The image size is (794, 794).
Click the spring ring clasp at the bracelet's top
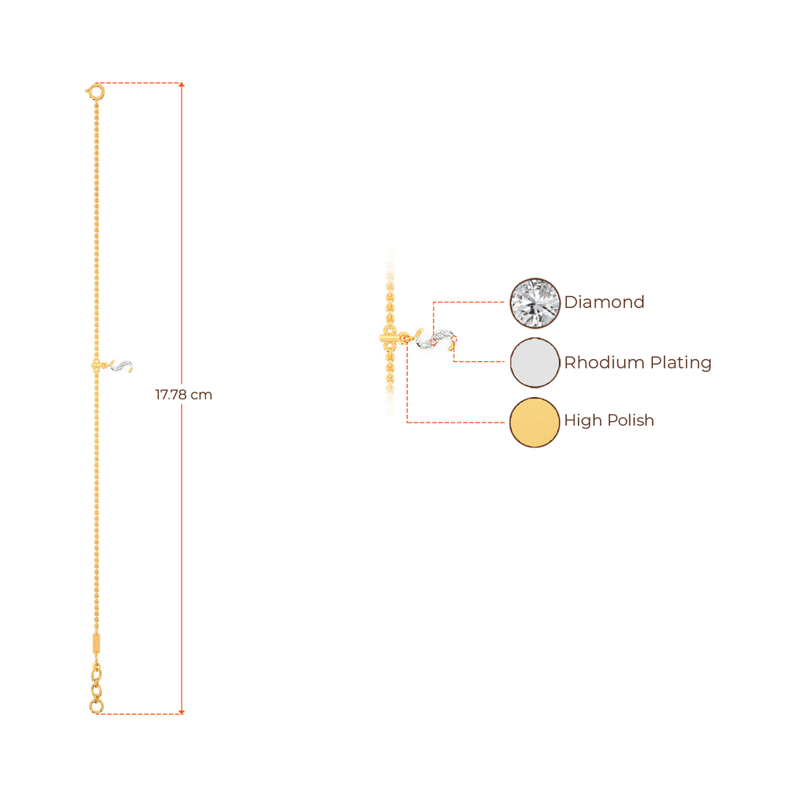pyautogui.click(x=95, y=91)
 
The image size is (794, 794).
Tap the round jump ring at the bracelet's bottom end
pyautogui.click(x=95, y=707)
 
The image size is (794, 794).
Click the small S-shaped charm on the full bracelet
pyautogui.click(x=123, y=364)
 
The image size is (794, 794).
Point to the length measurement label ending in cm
pyautogui.click(x=184, y=395)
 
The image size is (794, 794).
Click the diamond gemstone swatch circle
pyautogui.click(x=534, y=302)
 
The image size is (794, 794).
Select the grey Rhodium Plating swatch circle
pyautogui.click(x=534, y=362)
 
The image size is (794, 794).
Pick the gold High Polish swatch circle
pyautogui.click(x=534, y=422)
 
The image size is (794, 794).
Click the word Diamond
pyautogui.click(x=604, y=302)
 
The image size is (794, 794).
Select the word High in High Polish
pyautogui.click(x=580, y=421)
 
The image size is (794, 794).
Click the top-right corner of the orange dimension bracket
pyautogui.click(x=183, y=83)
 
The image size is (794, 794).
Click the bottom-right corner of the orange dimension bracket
pyautogui.click(x=183, y=711)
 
